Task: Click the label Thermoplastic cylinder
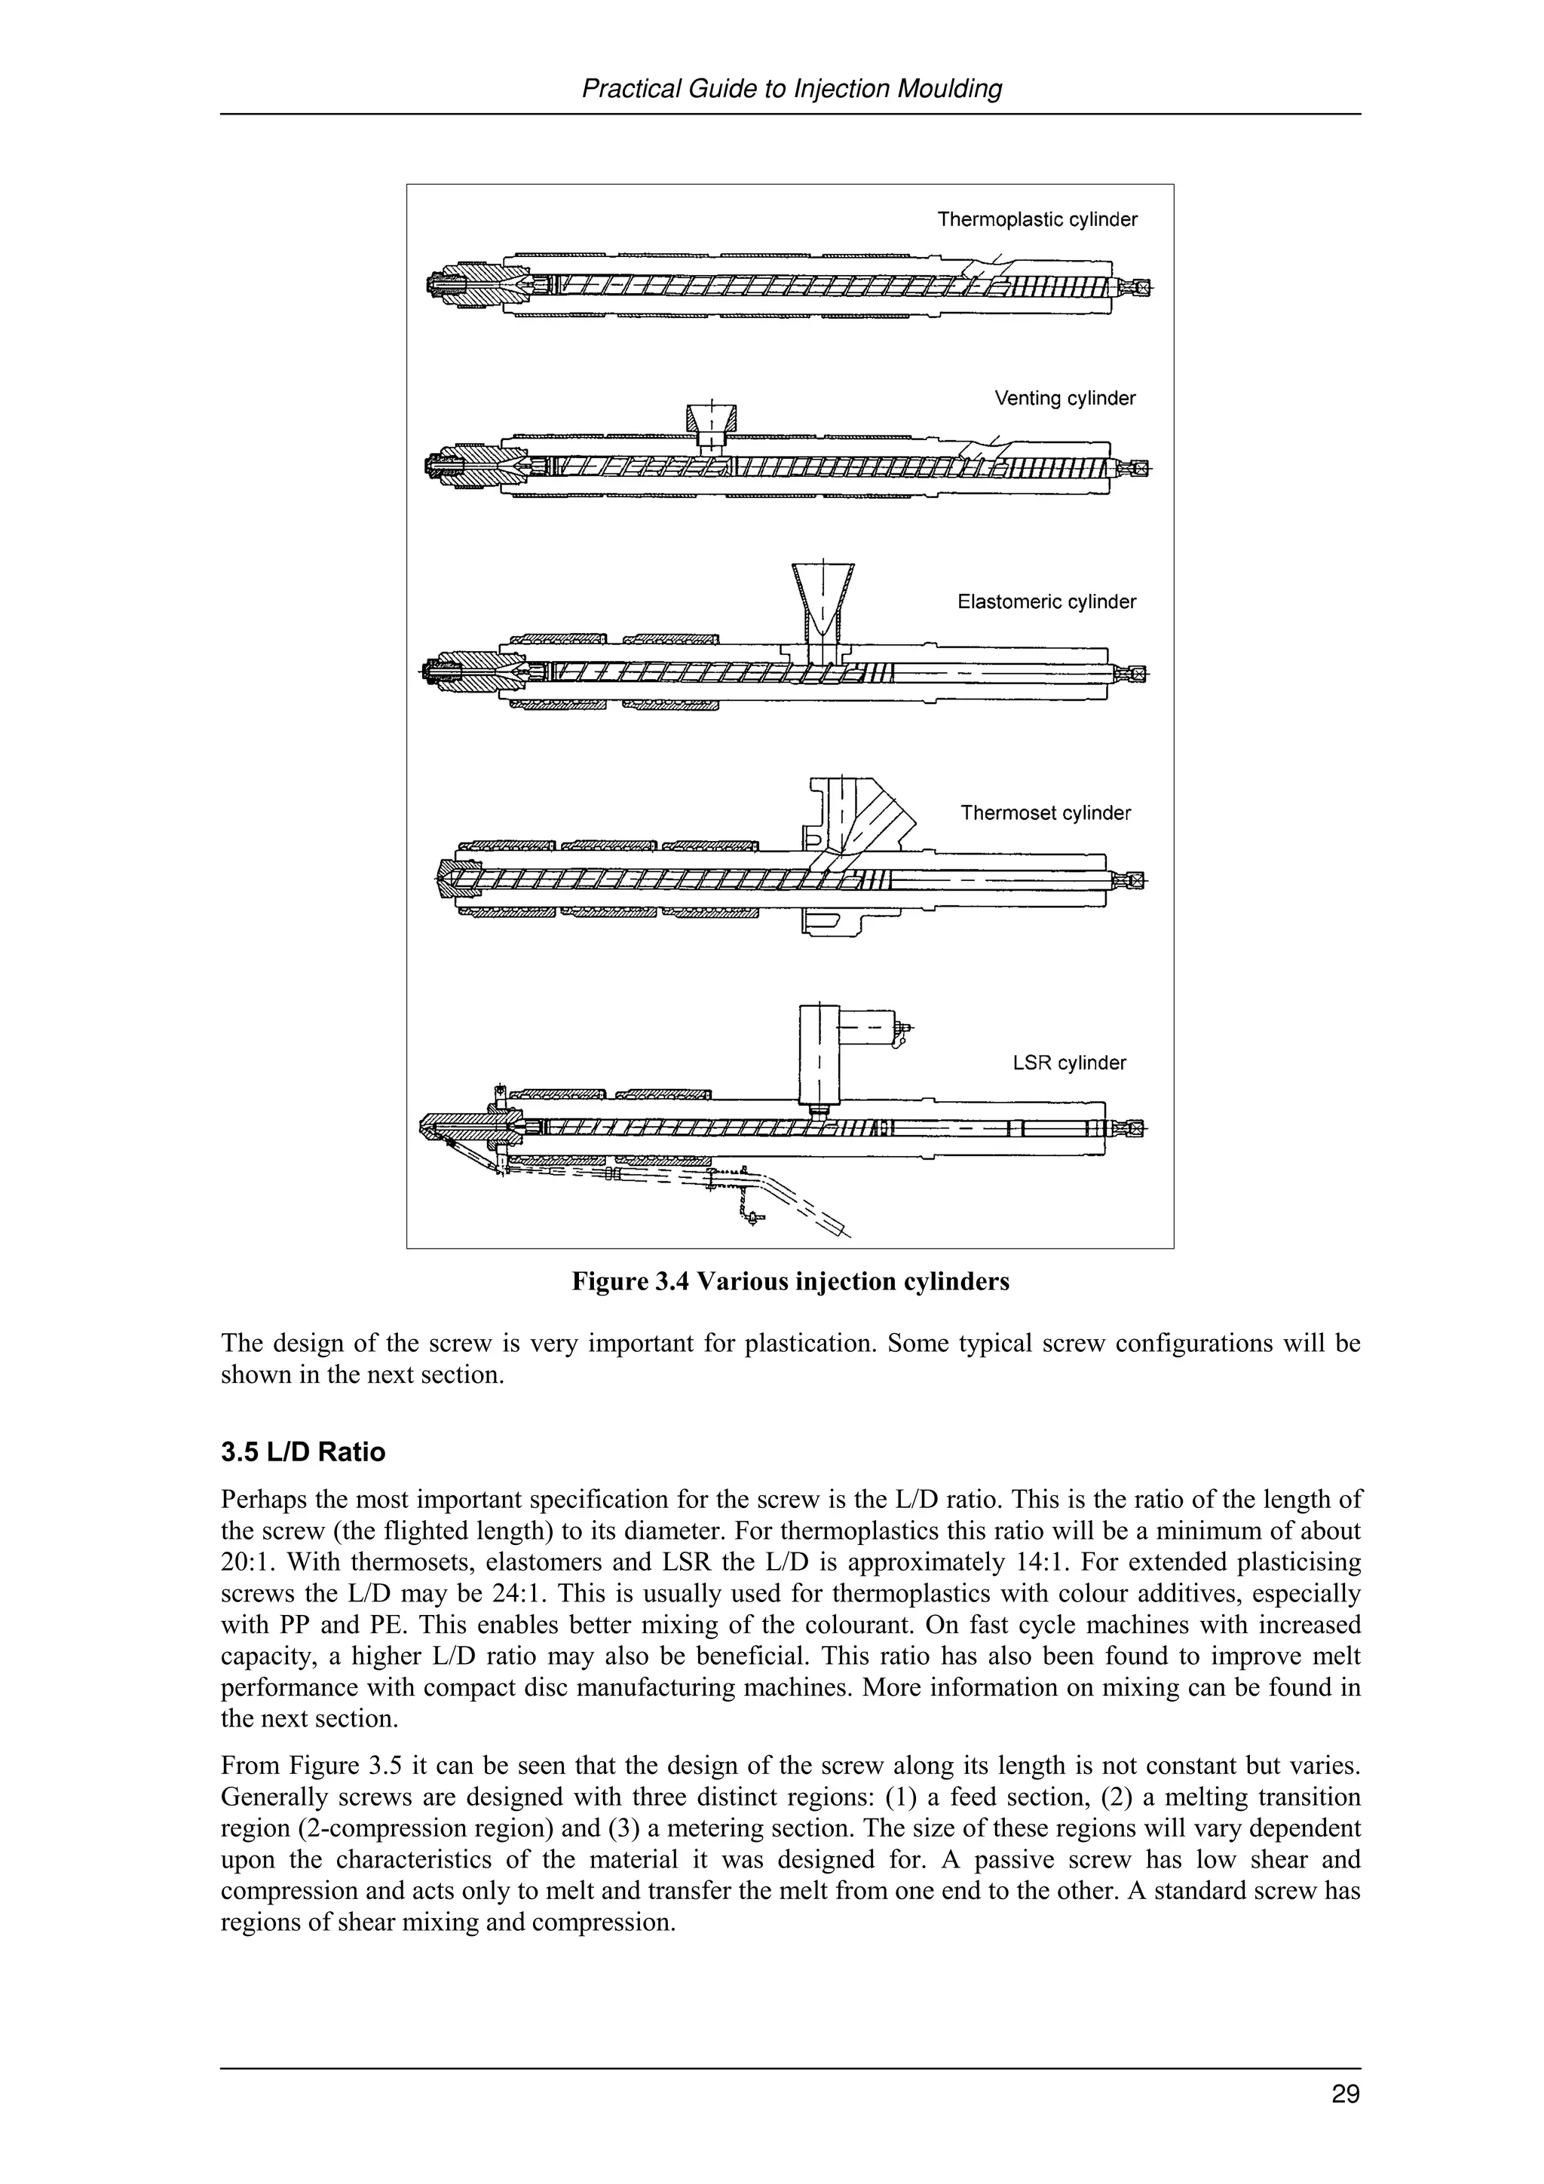(1037, 220)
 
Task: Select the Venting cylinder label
(1065, 399)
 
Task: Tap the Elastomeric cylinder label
(1046, 602)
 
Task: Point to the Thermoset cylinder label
(1046, 813)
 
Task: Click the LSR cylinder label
(1069, 1063)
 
